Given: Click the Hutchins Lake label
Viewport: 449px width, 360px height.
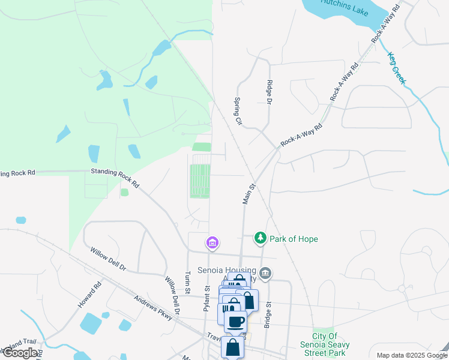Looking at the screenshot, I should point(343,3).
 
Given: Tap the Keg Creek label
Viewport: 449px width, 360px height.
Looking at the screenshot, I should point(397,67).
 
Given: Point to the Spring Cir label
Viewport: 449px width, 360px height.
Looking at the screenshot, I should point(238,112).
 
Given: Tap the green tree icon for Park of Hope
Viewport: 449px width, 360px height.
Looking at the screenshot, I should point(260,239).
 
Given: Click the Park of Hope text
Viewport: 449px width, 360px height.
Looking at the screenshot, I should point(294,239).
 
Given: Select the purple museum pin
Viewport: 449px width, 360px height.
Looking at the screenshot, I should point(212,243).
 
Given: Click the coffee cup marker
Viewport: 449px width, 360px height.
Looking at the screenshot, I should point(235,321).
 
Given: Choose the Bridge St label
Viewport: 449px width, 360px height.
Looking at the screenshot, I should point(269,313).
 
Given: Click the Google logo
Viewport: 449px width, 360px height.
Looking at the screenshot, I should point(19,353).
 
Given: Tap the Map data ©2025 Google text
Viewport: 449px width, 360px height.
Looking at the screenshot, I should point(411,355).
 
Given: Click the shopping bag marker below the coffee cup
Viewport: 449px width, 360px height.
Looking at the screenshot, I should point(232,347).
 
